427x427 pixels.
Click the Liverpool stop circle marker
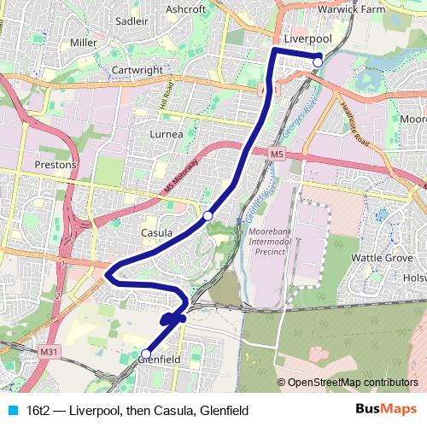318,61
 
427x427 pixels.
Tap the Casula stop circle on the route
208,216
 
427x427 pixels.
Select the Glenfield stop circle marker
145,354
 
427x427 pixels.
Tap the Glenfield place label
158,360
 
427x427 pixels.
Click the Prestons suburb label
56,165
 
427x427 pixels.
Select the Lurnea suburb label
167,135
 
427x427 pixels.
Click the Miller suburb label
84,42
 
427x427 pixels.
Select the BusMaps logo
386,409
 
